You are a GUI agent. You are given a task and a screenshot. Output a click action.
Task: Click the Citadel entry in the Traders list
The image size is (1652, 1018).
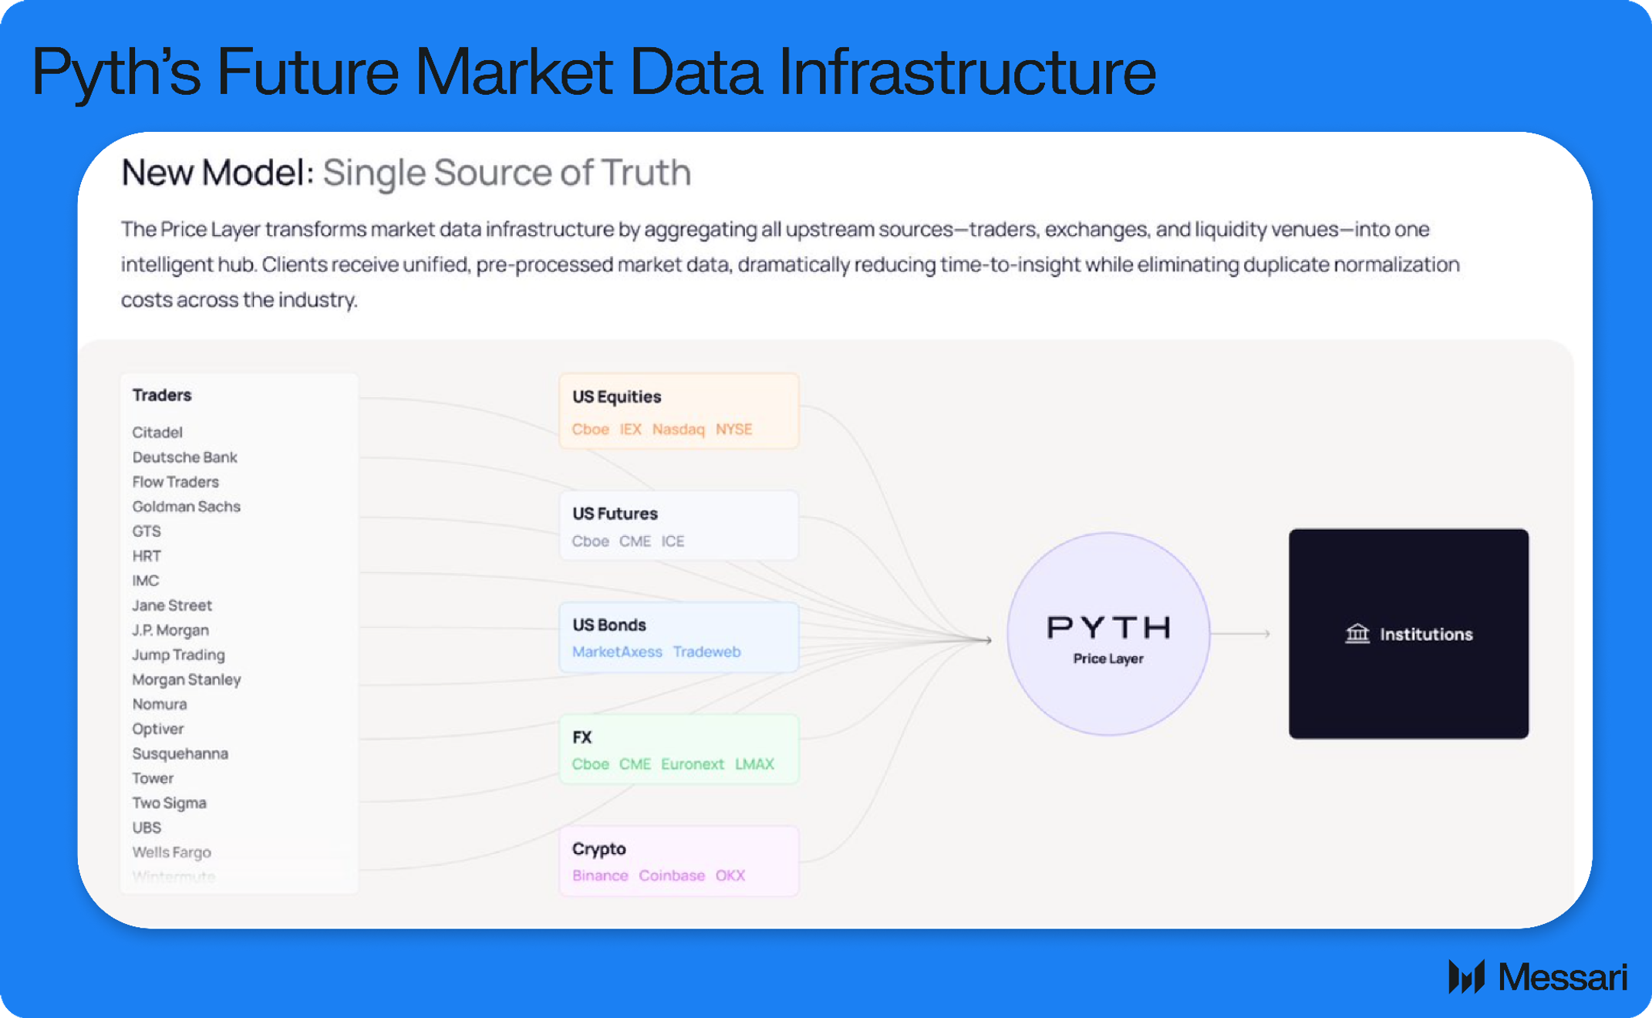click(157, 433)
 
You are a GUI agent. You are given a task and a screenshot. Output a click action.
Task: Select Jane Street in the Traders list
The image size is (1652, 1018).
click(172, 605)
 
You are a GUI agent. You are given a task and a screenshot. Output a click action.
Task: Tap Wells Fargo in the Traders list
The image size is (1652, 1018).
click(171, 852)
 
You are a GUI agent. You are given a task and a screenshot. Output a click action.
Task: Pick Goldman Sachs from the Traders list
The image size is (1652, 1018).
click(186, 507)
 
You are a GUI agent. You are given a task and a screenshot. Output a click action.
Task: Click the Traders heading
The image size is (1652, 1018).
click(162, 395)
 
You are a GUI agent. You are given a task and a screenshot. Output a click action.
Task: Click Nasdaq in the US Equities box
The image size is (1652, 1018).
click(678, 429)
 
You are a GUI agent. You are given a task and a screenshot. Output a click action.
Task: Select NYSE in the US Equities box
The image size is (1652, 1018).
click(733, 429)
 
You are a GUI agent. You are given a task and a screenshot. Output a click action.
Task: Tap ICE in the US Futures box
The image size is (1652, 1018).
click(673, 541)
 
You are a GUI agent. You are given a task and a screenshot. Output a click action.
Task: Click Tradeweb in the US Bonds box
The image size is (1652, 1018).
click(706, 652)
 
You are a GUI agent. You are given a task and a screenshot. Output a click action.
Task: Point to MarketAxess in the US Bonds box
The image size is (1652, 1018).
click(617, 652)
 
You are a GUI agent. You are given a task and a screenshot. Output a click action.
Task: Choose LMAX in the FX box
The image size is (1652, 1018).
click(754, 764)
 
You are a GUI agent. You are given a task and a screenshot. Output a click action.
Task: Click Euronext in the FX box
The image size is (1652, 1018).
click(692, 764)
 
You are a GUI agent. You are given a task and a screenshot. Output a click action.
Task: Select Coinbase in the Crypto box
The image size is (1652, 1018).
click(671, 876)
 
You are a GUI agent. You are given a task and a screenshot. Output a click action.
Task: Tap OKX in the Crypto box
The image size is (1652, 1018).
click(730, 876)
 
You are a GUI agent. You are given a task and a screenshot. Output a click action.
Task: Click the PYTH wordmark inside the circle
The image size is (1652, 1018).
click(1108, 628)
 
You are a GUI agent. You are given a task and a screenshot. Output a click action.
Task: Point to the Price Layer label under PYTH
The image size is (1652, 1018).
click(1108, 659)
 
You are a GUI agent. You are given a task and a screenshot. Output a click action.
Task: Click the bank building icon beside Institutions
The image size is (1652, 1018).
click(1357, 634)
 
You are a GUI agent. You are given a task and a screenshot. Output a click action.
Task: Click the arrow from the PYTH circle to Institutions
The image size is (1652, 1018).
click(1242, 634)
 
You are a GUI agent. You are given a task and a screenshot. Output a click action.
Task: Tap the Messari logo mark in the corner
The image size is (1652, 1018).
click(1466, 977)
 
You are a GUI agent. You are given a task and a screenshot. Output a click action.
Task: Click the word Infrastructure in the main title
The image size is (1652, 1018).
click(967, 72)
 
